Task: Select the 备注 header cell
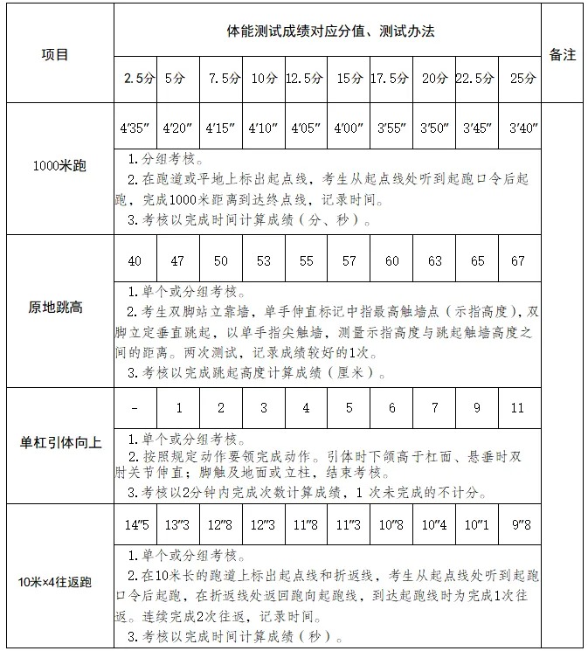(x=563, y=54)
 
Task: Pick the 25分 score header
(x=522, y=79)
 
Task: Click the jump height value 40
(x=135, y=261)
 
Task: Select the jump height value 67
(x=519, y=261)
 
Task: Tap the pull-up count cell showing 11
(x=519, y=408)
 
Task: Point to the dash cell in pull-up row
(x=135, y=408)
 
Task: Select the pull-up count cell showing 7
(x=434, y=408)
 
